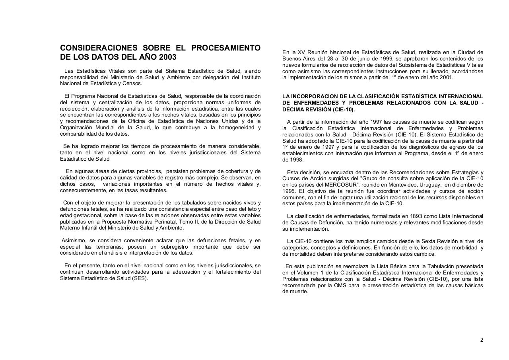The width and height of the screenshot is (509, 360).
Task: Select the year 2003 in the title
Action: tap(167, 57)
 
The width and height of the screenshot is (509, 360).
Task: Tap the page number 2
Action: tap(482, 340)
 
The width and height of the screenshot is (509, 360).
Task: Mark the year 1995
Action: tap(289, 191)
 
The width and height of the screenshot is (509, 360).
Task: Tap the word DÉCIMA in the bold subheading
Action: tap(293, 109)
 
